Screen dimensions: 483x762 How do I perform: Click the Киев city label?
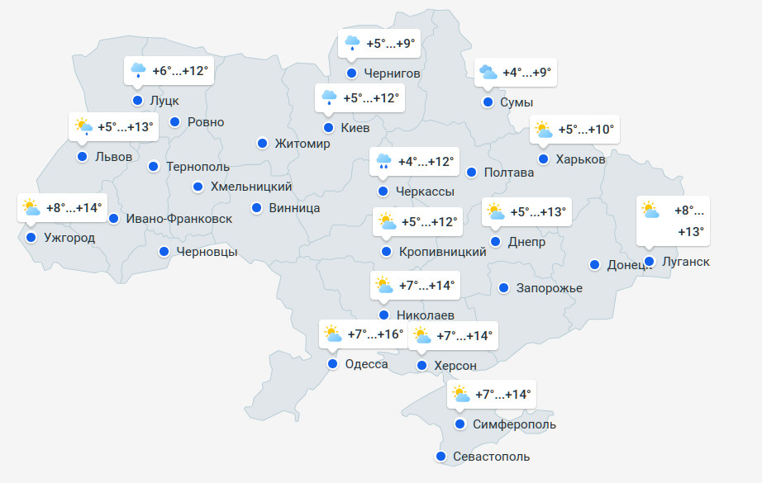click(x=356, y=128)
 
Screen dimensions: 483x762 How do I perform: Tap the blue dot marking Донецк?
click(x=595, y=265)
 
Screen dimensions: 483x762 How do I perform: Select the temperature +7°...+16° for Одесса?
click(x=375, y=334)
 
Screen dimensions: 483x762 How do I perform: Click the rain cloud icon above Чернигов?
click(x=351, y=42)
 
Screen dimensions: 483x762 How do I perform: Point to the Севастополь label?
click(x=491, y=457)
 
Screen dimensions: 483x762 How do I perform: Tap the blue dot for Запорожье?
click(x=504, y=288)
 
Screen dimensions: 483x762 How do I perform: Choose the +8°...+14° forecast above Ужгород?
click(x=74, y=208)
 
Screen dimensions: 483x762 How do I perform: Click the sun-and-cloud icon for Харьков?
click(x=543, y=130)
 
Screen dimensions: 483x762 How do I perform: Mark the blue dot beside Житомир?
click(x=262, y=143)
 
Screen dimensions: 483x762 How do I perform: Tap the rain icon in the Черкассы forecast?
click(x=383, y=162)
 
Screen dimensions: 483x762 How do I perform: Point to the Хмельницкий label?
click(x=251, y=187)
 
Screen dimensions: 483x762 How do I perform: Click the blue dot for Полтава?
click(x=471, y=173)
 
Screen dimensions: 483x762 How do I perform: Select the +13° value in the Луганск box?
click(x=691, y=232)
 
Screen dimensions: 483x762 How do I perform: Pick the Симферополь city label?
click(x=515, y=424)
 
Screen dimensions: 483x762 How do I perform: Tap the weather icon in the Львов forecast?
click(x=83, y=127)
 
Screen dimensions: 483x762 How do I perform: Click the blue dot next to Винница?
click(x=257, y=207)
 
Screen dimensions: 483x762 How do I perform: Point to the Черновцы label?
click(x=207, y=252)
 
